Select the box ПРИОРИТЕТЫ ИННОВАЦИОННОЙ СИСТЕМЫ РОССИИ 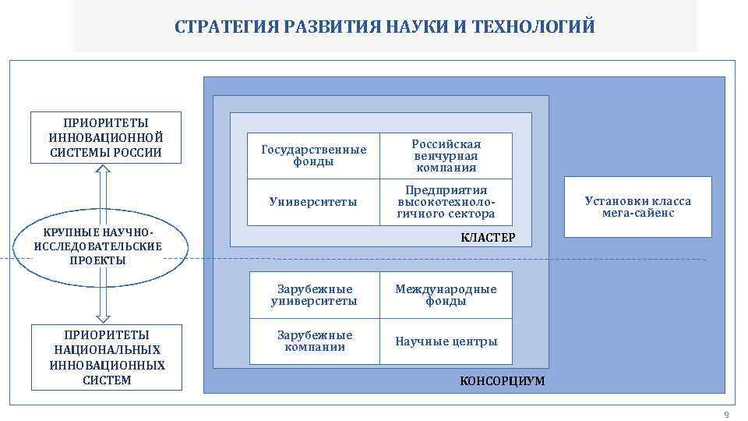pos(106,137)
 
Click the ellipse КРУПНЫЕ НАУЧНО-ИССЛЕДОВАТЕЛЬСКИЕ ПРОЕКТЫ pos(99,247)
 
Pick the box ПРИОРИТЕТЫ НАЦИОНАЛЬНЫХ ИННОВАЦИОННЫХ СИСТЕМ pos(106,357)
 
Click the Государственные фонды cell pos(314,156)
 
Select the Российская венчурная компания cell pos(446,156)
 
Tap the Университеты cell pos(314,202)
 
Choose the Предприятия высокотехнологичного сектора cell pos(446,202)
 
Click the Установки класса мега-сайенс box pos(637,207)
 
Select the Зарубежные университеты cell pos(314,295)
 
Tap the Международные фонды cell pos(446,295)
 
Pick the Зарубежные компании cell pos(314,341)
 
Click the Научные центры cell pos(446,341)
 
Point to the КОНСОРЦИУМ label pos(502,381)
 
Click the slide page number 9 pos(726,414)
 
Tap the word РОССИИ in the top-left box pos(137,152)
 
